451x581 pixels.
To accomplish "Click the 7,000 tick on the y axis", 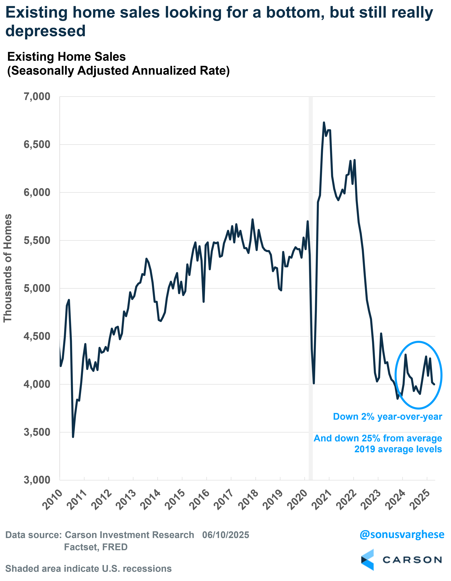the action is (x=37, y=97).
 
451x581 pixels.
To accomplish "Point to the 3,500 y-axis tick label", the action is (x=37, y=432).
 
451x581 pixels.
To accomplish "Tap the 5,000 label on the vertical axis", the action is (x=37, y=288).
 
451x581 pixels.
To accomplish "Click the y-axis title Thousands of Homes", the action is (x=8, y=268).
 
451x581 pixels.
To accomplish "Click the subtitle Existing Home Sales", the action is (x=67, y=57).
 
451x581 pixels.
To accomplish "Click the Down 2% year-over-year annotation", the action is (x=387, y=417).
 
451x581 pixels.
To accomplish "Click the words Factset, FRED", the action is (x=96, y=547).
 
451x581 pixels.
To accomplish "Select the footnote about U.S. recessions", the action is (x=88, y=569).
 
